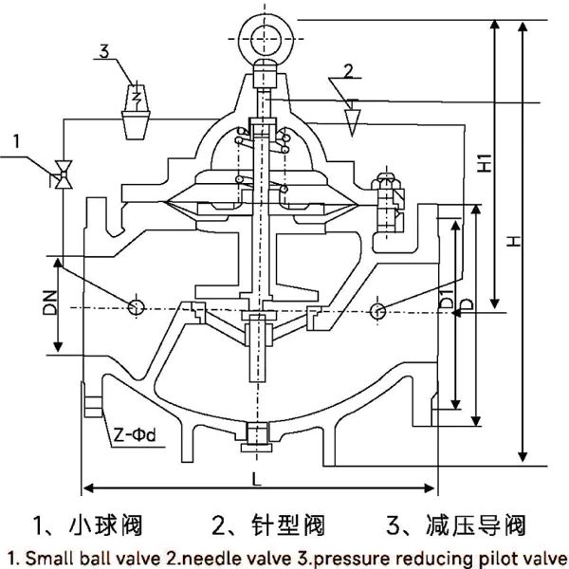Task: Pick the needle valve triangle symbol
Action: click(x=354, y=118)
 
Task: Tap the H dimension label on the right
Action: click(x=513, y=242)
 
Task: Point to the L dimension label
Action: click(x=259, y=479)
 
